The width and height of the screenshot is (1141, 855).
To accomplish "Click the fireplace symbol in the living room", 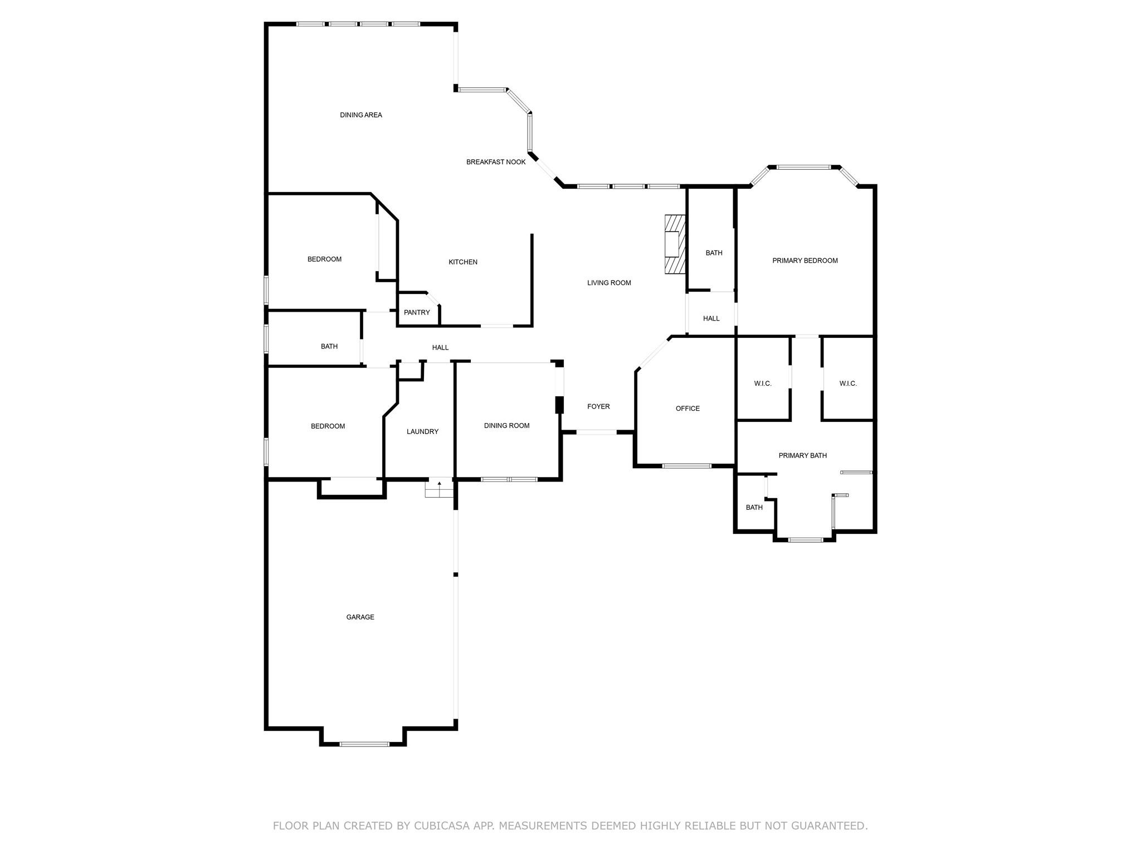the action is click(x=675, y=244).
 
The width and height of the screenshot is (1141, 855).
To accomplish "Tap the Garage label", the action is click(x=360, y=617).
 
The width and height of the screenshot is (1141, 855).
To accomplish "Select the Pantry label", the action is click(x=417, y=312).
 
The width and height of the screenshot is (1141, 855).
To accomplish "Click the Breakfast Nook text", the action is click(x=496, y=162).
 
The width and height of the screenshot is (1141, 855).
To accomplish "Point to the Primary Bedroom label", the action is click(x=805, y=261).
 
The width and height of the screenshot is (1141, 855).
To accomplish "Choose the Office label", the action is click(x=687, y=409).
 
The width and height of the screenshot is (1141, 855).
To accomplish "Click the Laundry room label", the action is click(x=422, y=431).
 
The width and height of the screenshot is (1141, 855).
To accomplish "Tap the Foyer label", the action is click(x=598, y=406).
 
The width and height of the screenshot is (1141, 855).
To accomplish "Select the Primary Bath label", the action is click(x=802, y=455).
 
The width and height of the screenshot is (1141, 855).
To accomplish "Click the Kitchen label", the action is click(x=463, y=262).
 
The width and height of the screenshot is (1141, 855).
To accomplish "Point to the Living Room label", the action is click(x=609, y=283).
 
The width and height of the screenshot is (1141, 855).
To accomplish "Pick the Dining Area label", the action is click(x=361, y=115).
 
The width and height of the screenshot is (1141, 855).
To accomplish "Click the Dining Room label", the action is click(x=506, y=426).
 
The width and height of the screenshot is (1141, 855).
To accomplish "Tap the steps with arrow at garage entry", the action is click(x=440, y=489).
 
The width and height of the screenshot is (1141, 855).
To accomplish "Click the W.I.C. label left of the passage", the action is click(x=763, y=384).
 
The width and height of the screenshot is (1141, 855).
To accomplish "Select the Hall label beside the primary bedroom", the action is click(x=711, y=318).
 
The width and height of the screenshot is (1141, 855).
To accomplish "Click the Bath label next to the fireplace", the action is click(x=714, y=253).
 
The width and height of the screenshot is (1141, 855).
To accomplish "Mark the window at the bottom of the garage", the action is click(x=364, y=744).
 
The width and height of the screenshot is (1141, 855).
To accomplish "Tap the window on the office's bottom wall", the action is click(x=686, y=465).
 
